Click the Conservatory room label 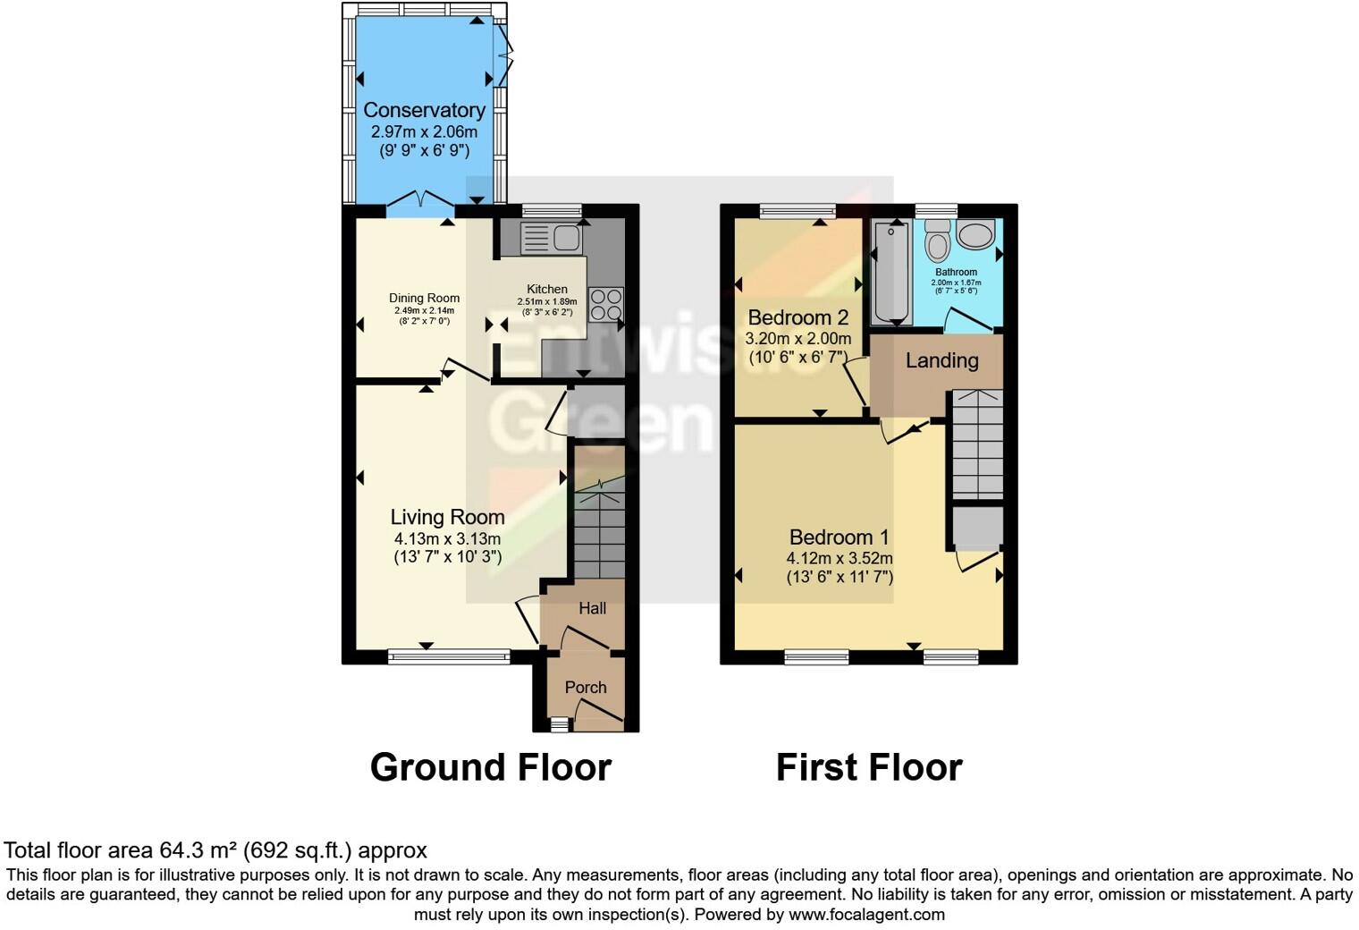(x=424, y=110)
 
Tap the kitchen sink (x=551, y=239)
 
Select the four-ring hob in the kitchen (x=605, y=304)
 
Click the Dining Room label (x=424, y=298)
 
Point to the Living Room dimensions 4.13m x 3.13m (x=447, y=538)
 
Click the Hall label (x=592, y=608)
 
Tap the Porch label (x=586, y=687)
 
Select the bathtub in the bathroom (x=891, y=272)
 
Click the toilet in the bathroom (x=938, y=242)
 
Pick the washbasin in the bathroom (x=975, y=234)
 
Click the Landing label (x=941, y=360)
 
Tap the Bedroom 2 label (x=798, y=317)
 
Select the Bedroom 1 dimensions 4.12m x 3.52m (x=839, y=558)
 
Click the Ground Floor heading (x=490, y=767)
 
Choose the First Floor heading (x=868, y=767)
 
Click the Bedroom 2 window (x=798, y=211)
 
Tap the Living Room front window (x=449, y=657)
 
